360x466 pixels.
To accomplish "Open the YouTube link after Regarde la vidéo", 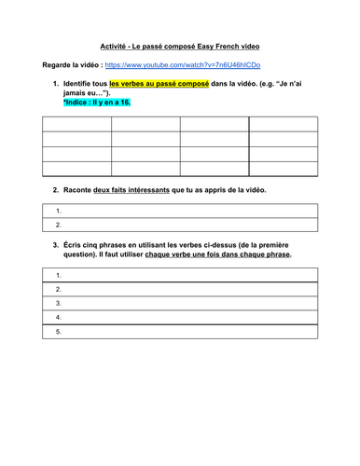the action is (x=183, y=65).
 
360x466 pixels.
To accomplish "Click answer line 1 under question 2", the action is (x=180, y=212).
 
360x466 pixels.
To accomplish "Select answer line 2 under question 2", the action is (x=180, y=225).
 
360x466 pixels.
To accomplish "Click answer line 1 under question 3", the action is (x=180, y=276).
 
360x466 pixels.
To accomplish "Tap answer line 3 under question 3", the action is (x=180, y=303).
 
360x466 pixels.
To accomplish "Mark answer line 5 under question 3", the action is (x=180, y=331).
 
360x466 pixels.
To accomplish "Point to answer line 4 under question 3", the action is (x=180, y=317).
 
